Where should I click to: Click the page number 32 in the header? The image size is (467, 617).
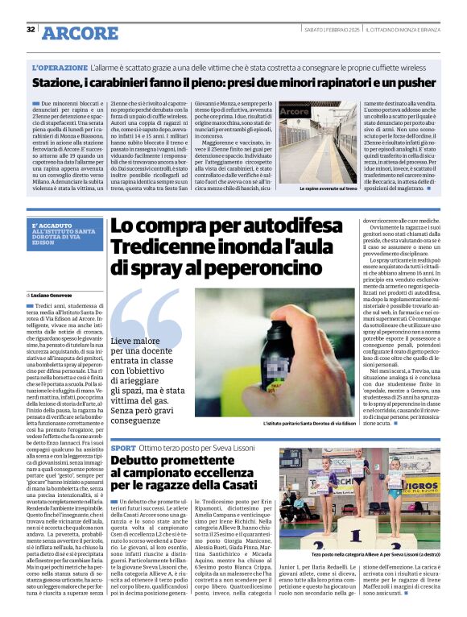click(31, 29)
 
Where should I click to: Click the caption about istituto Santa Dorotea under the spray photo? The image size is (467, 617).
click(309, 423)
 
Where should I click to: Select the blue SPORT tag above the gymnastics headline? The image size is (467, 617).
click(123, 447)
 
